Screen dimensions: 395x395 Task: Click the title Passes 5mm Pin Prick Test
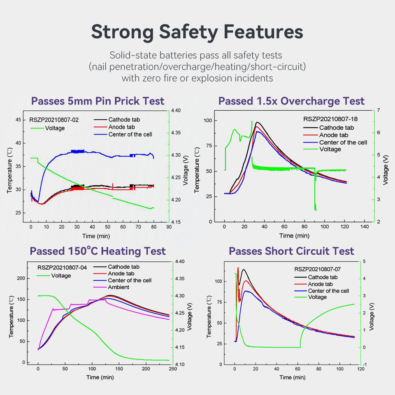(98, 101)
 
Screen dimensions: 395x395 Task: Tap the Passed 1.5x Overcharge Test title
(291, 101)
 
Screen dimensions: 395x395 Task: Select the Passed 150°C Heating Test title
(98, 251)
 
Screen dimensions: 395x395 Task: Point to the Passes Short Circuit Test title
(291, 251)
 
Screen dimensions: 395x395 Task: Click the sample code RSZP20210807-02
(54, 120)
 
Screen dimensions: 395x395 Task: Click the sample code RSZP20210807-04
(62, 267)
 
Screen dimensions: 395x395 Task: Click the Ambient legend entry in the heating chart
(119, 287)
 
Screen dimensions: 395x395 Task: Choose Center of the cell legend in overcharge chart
(343, 142)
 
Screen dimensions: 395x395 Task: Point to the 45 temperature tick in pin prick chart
(18, 120)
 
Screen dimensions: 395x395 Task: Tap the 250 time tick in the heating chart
(172, 369)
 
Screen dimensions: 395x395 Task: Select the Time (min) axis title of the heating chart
(100, 377)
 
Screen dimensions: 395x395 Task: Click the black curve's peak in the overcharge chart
(257, 122)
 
